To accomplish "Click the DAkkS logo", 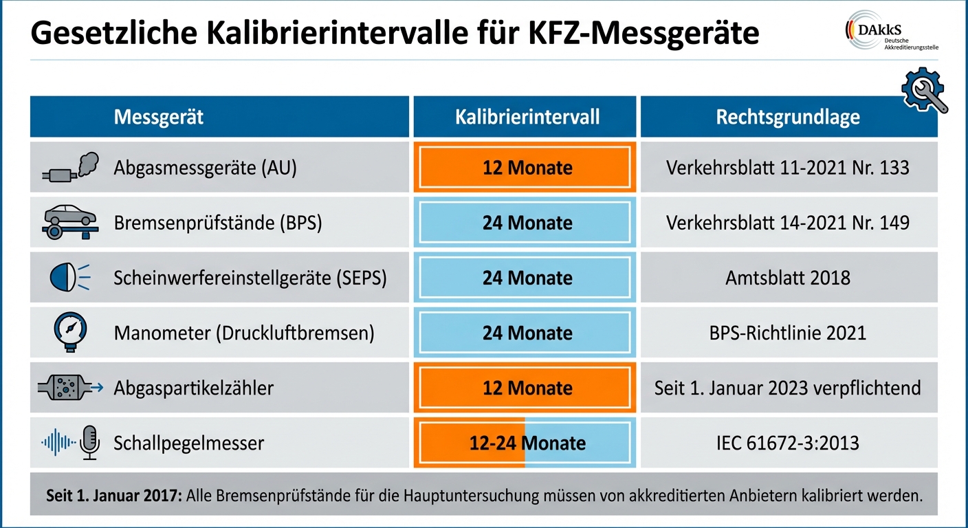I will [892, 31].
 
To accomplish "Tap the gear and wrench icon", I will [924, 91].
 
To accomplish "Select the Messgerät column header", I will [159, 117].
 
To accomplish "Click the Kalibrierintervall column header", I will [527, 117].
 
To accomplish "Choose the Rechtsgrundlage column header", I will [788, 117].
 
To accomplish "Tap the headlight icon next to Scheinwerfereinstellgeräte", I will [67, 278].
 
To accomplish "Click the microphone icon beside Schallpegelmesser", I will [89, 442].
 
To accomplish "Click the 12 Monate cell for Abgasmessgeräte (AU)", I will [527, 168].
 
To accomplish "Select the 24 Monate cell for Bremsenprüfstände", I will [527, 223].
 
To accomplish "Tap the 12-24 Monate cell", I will [527, 443].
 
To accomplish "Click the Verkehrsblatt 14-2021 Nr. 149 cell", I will [788, 223].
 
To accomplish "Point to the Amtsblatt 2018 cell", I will [788, 278].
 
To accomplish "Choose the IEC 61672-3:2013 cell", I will [788, 443].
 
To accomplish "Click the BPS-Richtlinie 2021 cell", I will [788, 333].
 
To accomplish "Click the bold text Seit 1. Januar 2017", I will [113, 495].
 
